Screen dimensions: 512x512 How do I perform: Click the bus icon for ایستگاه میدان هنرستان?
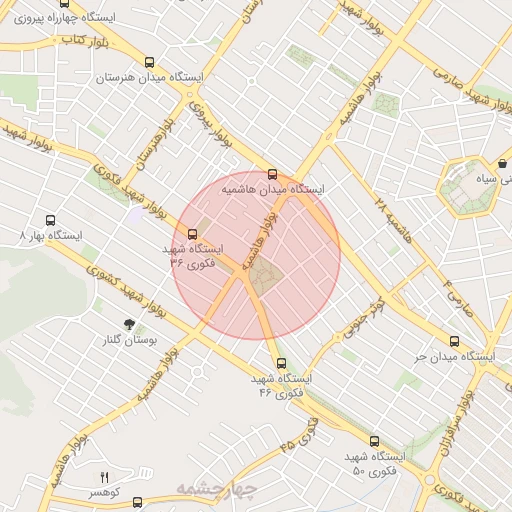click(150, 61)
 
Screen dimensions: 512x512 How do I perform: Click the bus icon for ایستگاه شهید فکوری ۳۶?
click(193, 236)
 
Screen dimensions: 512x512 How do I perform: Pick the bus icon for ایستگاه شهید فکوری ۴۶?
click(279, 364)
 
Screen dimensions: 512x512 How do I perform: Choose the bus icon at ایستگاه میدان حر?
click(454, 341)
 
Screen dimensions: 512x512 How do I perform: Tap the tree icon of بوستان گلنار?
click(129, 323)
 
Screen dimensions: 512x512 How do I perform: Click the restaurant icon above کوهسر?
click(104, 477)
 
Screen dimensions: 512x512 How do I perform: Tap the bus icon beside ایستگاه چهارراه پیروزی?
click(93, 4)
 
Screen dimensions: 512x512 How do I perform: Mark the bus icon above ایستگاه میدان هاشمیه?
click(272, 173)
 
